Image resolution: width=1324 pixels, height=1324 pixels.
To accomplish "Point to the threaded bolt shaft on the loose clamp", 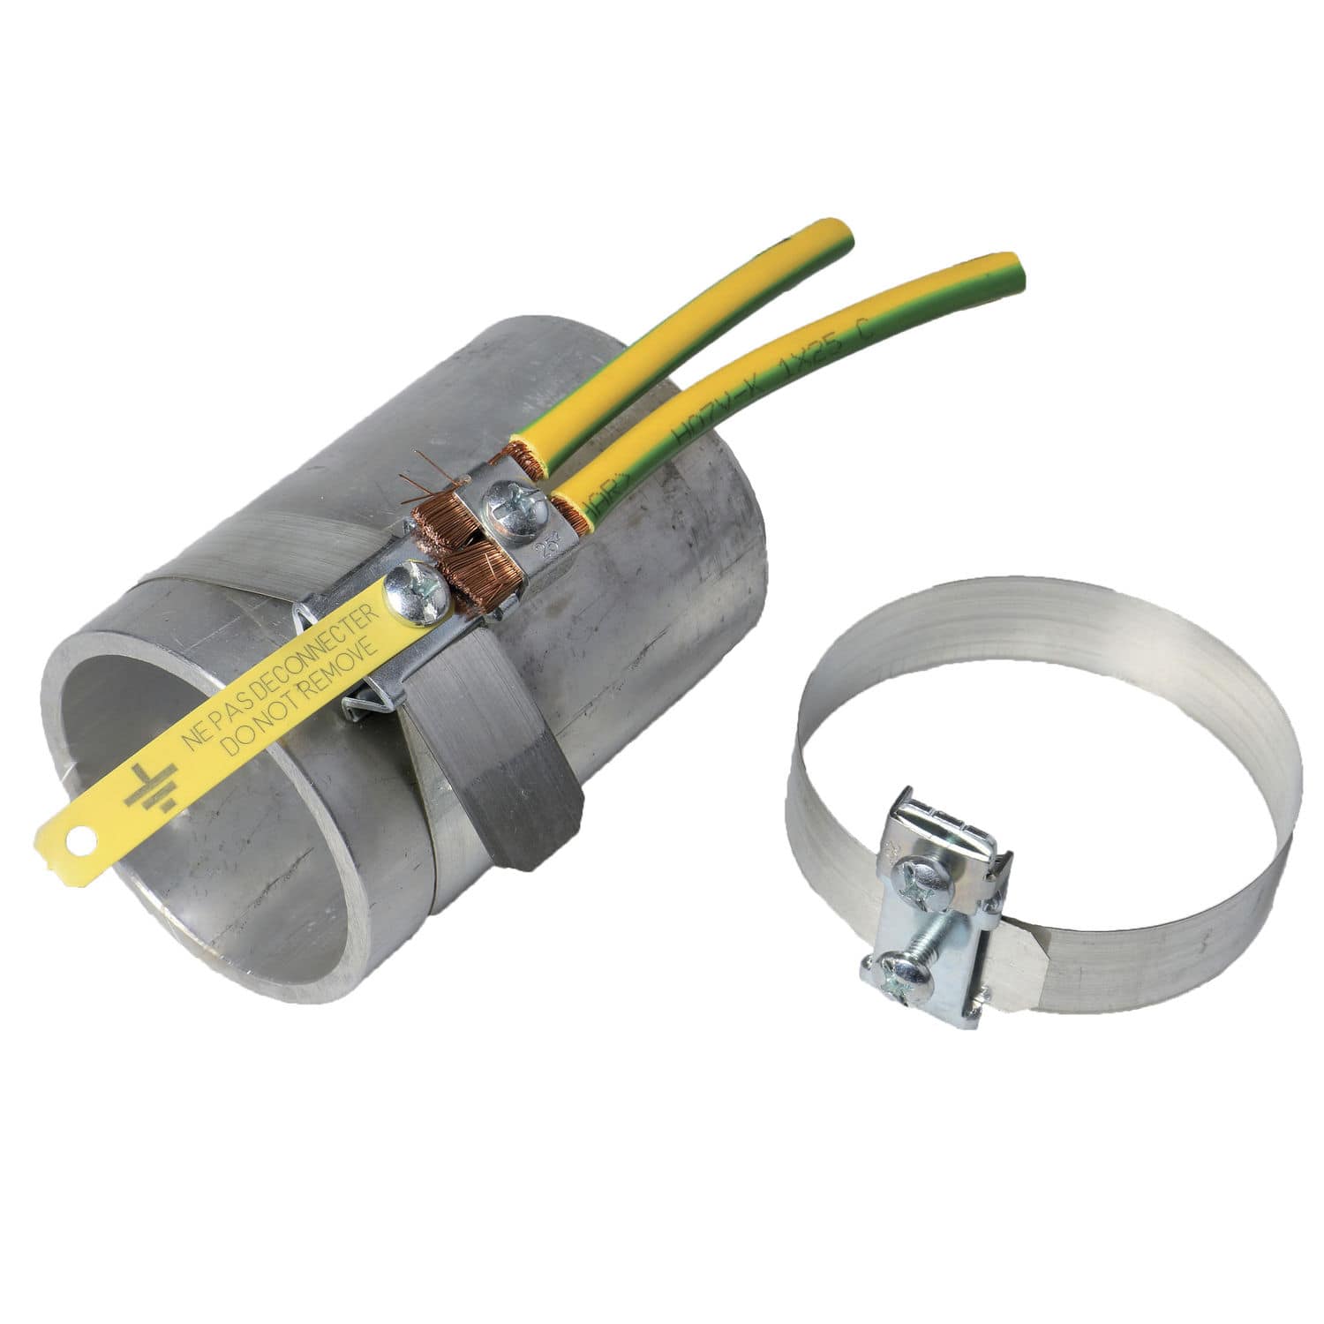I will click(x=936, y=930).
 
